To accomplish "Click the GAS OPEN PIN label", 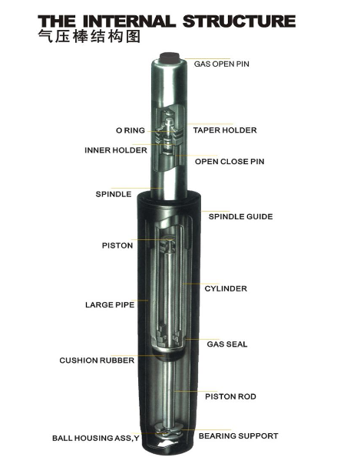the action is click(221, 64).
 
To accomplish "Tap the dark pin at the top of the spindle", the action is click(170, 58).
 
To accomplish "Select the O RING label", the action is click(130, 130).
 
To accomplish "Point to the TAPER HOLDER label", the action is click(225, 130).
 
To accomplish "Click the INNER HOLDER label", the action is click(116, 150).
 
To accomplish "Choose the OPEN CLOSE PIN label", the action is click(230, 162).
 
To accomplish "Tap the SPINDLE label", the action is click(114, 194).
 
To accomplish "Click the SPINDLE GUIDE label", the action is click(240, 216).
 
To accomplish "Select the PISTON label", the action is click(117, 245).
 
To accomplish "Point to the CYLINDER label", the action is click(226, 288).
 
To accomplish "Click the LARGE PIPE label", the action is click(110, 305).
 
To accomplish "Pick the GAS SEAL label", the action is click(227, 344).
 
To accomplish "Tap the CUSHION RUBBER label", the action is click(97, 360).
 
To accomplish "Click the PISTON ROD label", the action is click(230, 396).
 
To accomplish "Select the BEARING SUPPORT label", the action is click(239, 436).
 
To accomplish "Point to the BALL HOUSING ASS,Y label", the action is click(96, 438).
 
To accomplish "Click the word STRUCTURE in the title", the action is click(239, 21).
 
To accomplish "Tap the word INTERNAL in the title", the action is click(128, 21).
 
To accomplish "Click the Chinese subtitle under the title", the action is click(89, 37).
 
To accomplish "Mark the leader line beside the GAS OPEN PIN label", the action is click(207, 59).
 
